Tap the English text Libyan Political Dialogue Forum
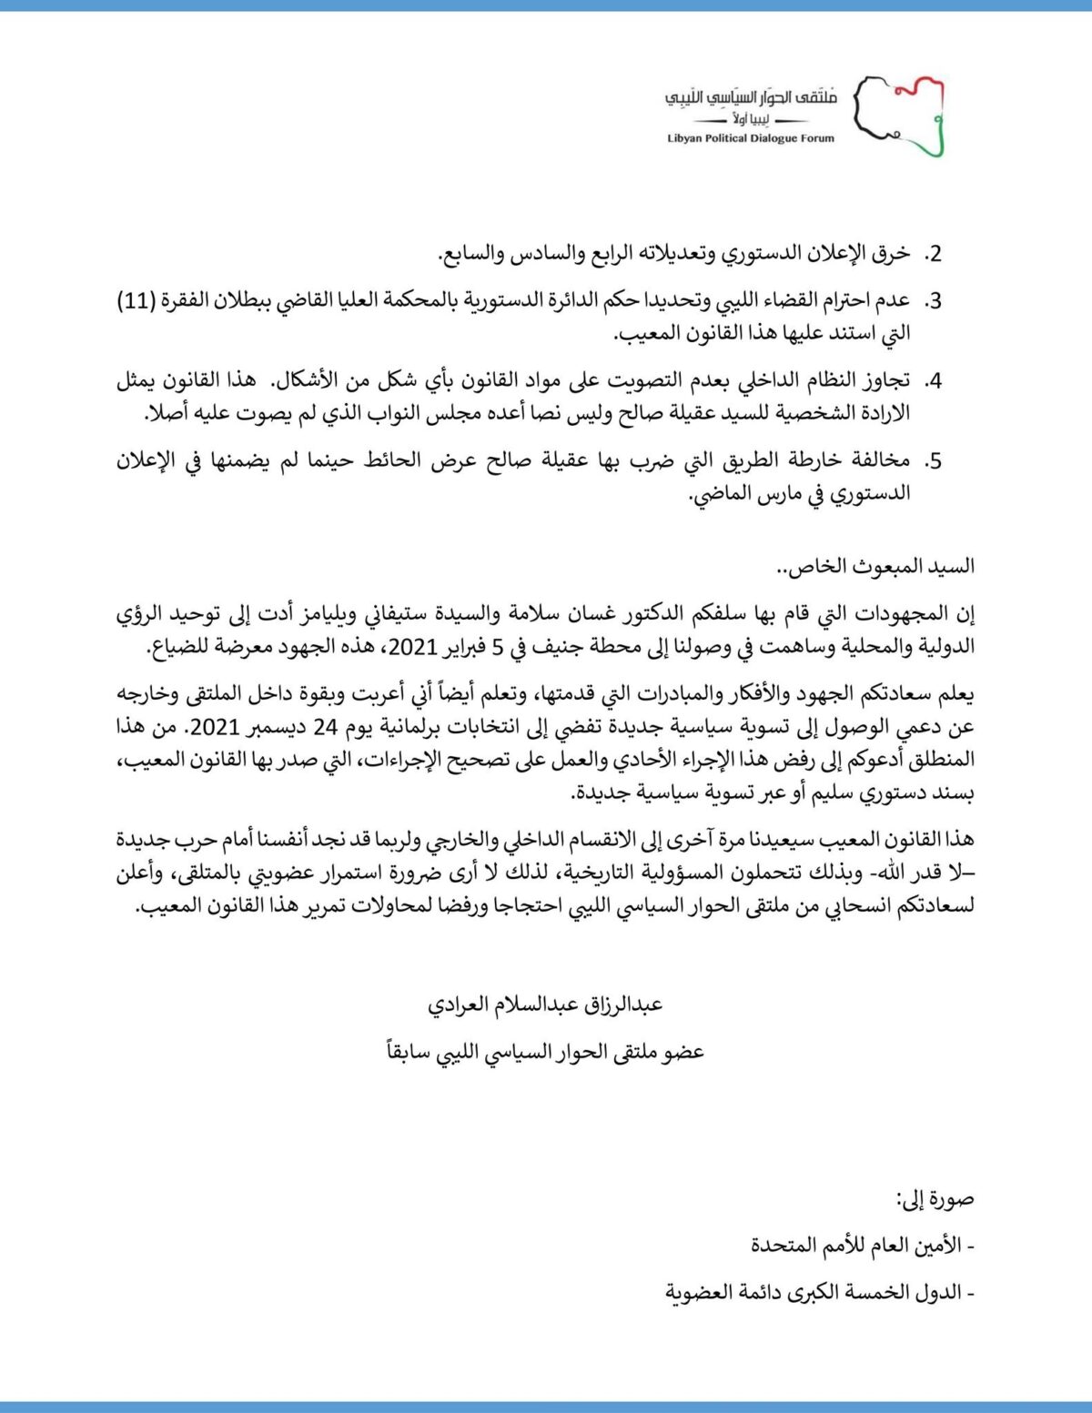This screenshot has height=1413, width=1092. [x=751, y=139]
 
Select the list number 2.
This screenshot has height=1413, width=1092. [x=933, y=254]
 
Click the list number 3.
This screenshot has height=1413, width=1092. [x=933, y=301]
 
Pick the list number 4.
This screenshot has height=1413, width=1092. [x=933, y=381]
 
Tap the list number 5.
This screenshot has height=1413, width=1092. [x=933, y=461]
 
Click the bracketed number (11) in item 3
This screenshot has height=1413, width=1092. [x=136, y=301]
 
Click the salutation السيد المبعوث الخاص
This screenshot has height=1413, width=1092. [x=875, y=567]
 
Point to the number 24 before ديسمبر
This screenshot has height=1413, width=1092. [x=326, y=727]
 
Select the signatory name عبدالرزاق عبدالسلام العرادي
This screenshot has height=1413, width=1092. [x=545, y=1005]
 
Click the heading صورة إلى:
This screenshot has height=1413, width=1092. [x=935, y=1199]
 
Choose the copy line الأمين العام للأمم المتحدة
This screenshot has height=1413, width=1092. [x=863, y=1246]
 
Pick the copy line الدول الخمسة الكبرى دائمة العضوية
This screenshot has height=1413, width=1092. [x=819, y=1293]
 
